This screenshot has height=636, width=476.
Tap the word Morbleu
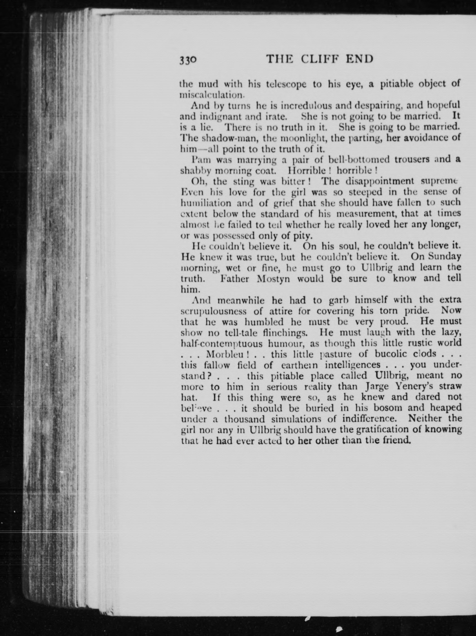(x=224, y=354)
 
